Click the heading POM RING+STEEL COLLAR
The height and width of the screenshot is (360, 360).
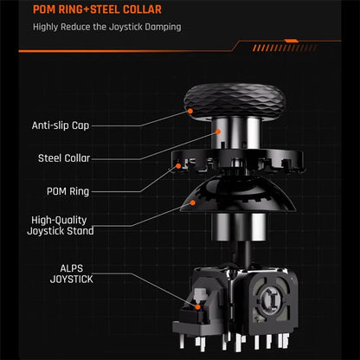click(97, 10)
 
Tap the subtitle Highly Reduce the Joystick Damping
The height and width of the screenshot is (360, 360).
click(107, 27)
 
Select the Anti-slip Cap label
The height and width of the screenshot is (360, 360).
click(61, 125)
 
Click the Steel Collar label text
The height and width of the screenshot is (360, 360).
click(64, 158)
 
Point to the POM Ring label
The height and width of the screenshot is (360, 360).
click(67, 191)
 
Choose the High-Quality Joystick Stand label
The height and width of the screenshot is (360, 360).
click(61, 226)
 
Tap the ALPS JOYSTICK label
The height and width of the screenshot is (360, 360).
click(72, 273)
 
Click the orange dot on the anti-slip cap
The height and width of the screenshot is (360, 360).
click(190, 111)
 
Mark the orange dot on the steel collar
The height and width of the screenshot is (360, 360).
click(218, 132)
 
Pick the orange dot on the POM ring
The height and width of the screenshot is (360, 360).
click(178, 166)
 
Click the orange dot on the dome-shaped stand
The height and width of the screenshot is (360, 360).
click(193, 202)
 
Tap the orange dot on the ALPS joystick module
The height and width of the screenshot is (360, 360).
click(197, 307)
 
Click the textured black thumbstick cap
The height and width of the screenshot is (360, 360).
click(235, 101)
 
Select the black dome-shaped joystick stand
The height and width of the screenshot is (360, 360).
click(238, 196)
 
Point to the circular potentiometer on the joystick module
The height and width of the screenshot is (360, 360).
click(269, 300)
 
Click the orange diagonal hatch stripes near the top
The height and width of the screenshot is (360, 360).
click(285, 48)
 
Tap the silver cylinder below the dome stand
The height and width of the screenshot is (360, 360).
click(239, 227)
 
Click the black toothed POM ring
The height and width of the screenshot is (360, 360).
click(237, 161)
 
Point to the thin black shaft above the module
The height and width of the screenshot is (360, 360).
click(244, 254)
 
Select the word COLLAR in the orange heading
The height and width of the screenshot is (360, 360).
click(142, 10)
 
